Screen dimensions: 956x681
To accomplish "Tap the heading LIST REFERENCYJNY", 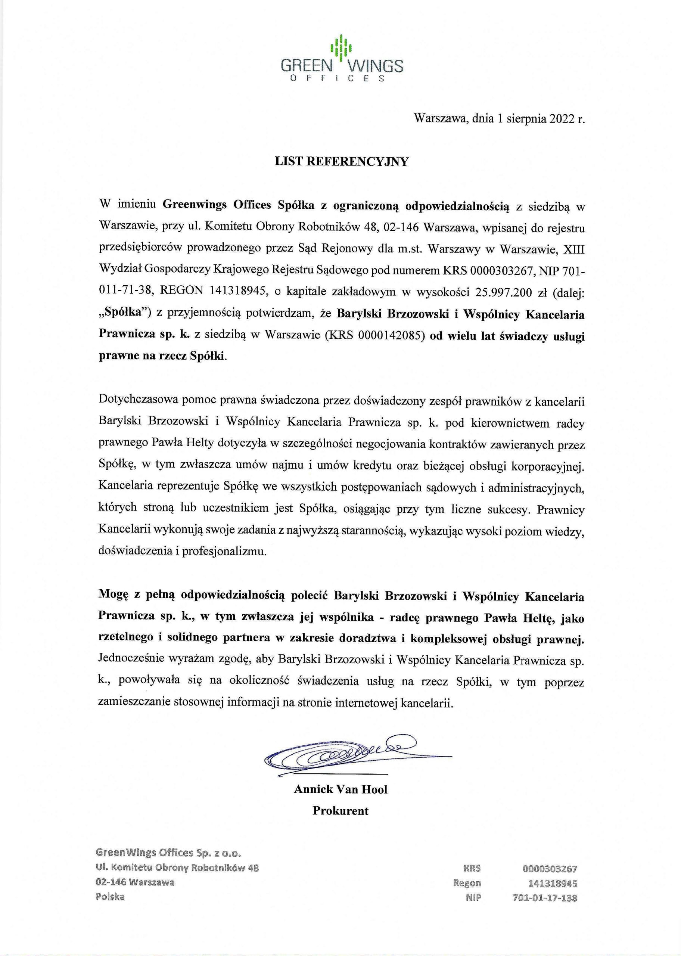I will click(x=341, y=162).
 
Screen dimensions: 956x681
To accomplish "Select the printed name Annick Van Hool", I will click(x=340, y=789).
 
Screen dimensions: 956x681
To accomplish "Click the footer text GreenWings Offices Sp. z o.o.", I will click(x=169, y=853).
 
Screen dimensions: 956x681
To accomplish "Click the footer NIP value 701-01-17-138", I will click(x=544, y=898).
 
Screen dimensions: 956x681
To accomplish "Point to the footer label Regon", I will click(x=467, y=883).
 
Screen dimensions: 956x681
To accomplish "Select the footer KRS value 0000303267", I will click(x=550, y=869).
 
